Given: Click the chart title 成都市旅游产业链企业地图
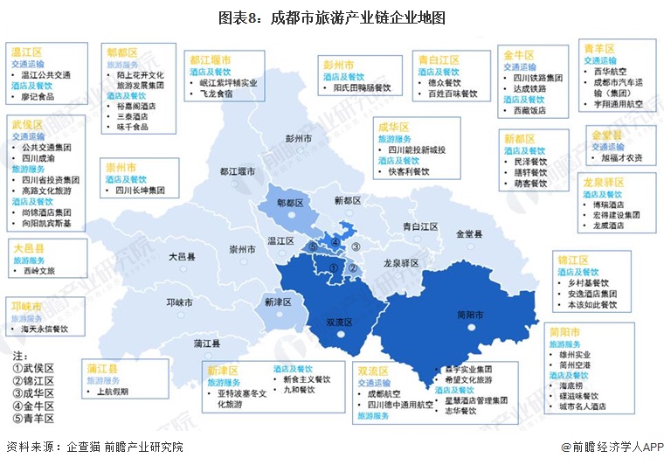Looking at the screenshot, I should coord(331,17).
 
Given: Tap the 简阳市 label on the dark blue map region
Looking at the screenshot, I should coord(472,314).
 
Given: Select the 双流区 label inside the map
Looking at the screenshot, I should coord(338,322).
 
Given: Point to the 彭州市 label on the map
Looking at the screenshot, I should coord(299,137).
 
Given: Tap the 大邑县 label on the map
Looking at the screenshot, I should coord(183,257).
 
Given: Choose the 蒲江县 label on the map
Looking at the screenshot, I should coord(207,342).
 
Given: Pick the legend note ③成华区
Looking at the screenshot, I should coord(33,393).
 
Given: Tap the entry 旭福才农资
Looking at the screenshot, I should coord(622,157).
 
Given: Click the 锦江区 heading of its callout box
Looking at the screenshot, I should coord(572,260).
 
